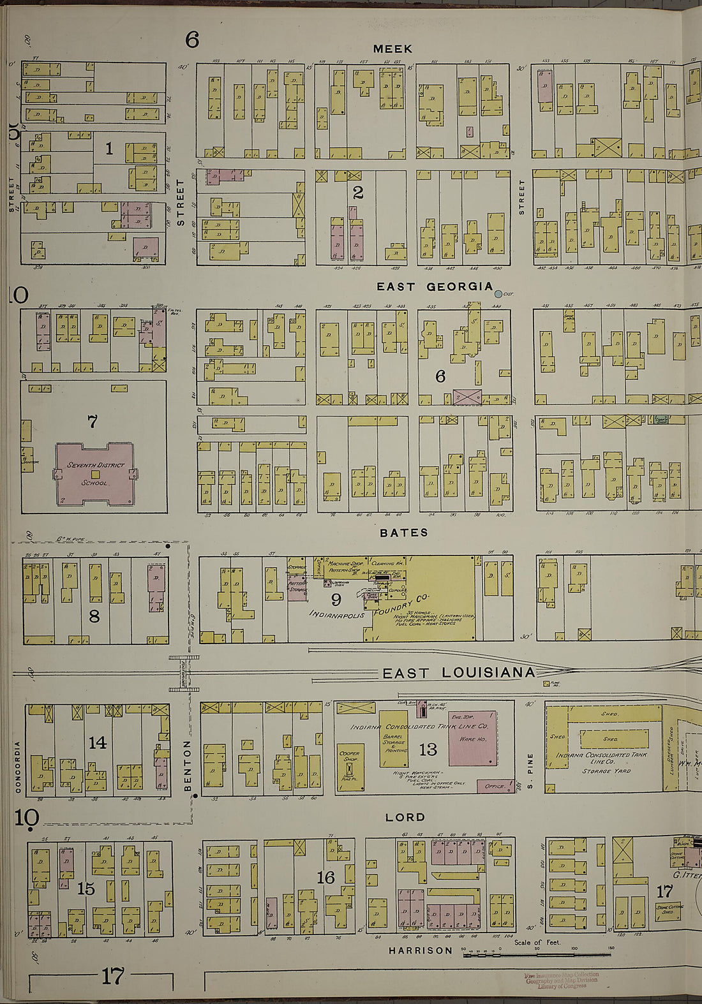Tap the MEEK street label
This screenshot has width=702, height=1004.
tap(392, 49)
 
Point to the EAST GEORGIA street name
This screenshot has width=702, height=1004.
tap(435, 286)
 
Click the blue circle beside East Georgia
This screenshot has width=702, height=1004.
tap(498, 293)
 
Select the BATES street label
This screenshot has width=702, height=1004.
tap(403, 533)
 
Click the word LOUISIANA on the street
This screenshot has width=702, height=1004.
tap(485, 673)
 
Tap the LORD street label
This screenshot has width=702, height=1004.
tap(405, 817)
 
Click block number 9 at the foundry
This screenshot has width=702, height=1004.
tap(336, 599)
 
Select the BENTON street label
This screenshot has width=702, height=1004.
tap(188, 765)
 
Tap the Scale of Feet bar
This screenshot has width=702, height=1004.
tap(536, 950)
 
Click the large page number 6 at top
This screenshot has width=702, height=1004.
tap(192, 40)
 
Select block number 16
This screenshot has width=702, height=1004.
tap(325, 878)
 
